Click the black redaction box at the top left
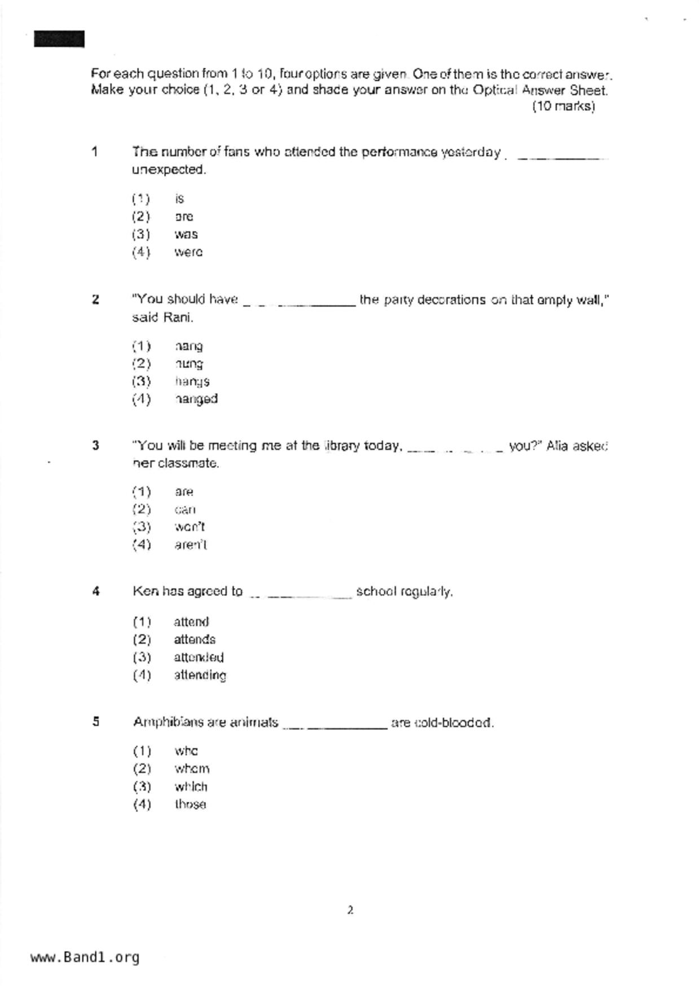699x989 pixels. [59, 39]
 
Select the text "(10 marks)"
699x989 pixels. [563, 106]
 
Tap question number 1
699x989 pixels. [95, 152]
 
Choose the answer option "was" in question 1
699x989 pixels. [186, 235]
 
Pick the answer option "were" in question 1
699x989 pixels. [188, 252]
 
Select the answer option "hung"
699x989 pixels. [188, 364]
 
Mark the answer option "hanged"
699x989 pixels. [196, 399]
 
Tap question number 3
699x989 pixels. [95, 445]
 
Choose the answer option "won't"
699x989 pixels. [190, 527]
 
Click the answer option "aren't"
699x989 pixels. [191, 545]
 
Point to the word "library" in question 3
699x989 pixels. [342, 445]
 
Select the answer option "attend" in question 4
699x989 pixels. [191, 622]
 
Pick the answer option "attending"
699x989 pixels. [200, 675]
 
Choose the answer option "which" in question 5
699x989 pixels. [191, 787]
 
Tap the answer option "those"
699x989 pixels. [190, 804]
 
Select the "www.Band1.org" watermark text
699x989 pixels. [85, 957]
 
